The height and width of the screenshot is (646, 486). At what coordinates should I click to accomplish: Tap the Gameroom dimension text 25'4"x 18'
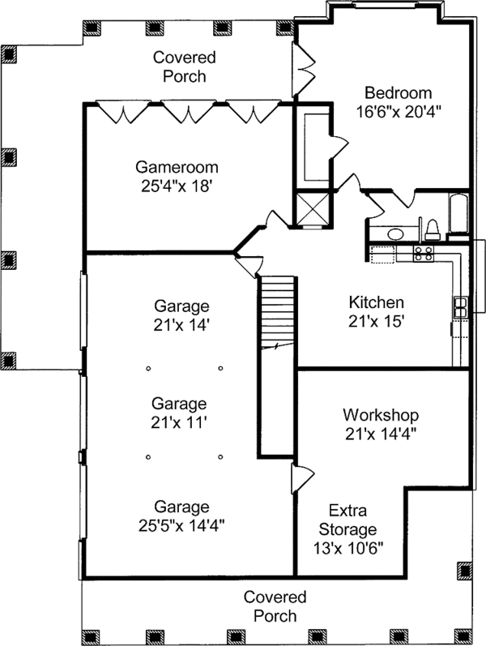point(177,186)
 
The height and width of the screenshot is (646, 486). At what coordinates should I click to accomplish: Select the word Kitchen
point(376,302)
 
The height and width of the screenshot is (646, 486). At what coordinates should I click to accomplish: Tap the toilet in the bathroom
point(433,229)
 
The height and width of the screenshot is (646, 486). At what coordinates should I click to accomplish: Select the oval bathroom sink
point(395,235)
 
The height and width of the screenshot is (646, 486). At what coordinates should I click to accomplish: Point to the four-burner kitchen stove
point(423,254)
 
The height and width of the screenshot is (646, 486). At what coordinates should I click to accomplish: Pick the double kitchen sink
point(460,307)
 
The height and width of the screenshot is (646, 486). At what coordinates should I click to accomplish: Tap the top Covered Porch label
point(185,66)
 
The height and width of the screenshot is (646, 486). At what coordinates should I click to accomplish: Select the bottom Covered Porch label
point(275,606)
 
